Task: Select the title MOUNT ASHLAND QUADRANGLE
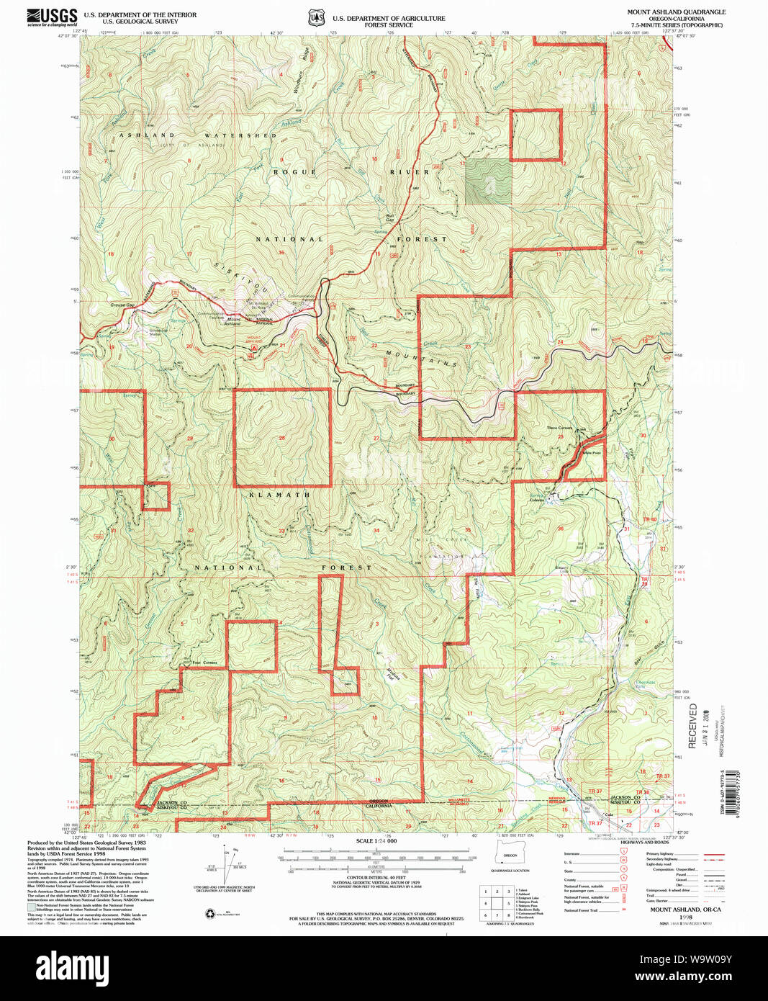click(x=676, y=12)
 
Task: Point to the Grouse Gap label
click(x=122, y=305)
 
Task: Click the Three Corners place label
click(x=559, y=428)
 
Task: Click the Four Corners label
click(x=204, y=663)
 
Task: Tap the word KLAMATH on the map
click(x=280, y=495)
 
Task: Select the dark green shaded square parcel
click(x=488, y=182)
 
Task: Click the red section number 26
click(x=282, y=438)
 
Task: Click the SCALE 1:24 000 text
click(x=376, y=841)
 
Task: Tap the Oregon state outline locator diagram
click(x=510, y=855)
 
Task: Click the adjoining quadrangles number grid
click(x=497, y=902)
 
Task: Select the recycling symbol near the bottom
click(x=209, y=914)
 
